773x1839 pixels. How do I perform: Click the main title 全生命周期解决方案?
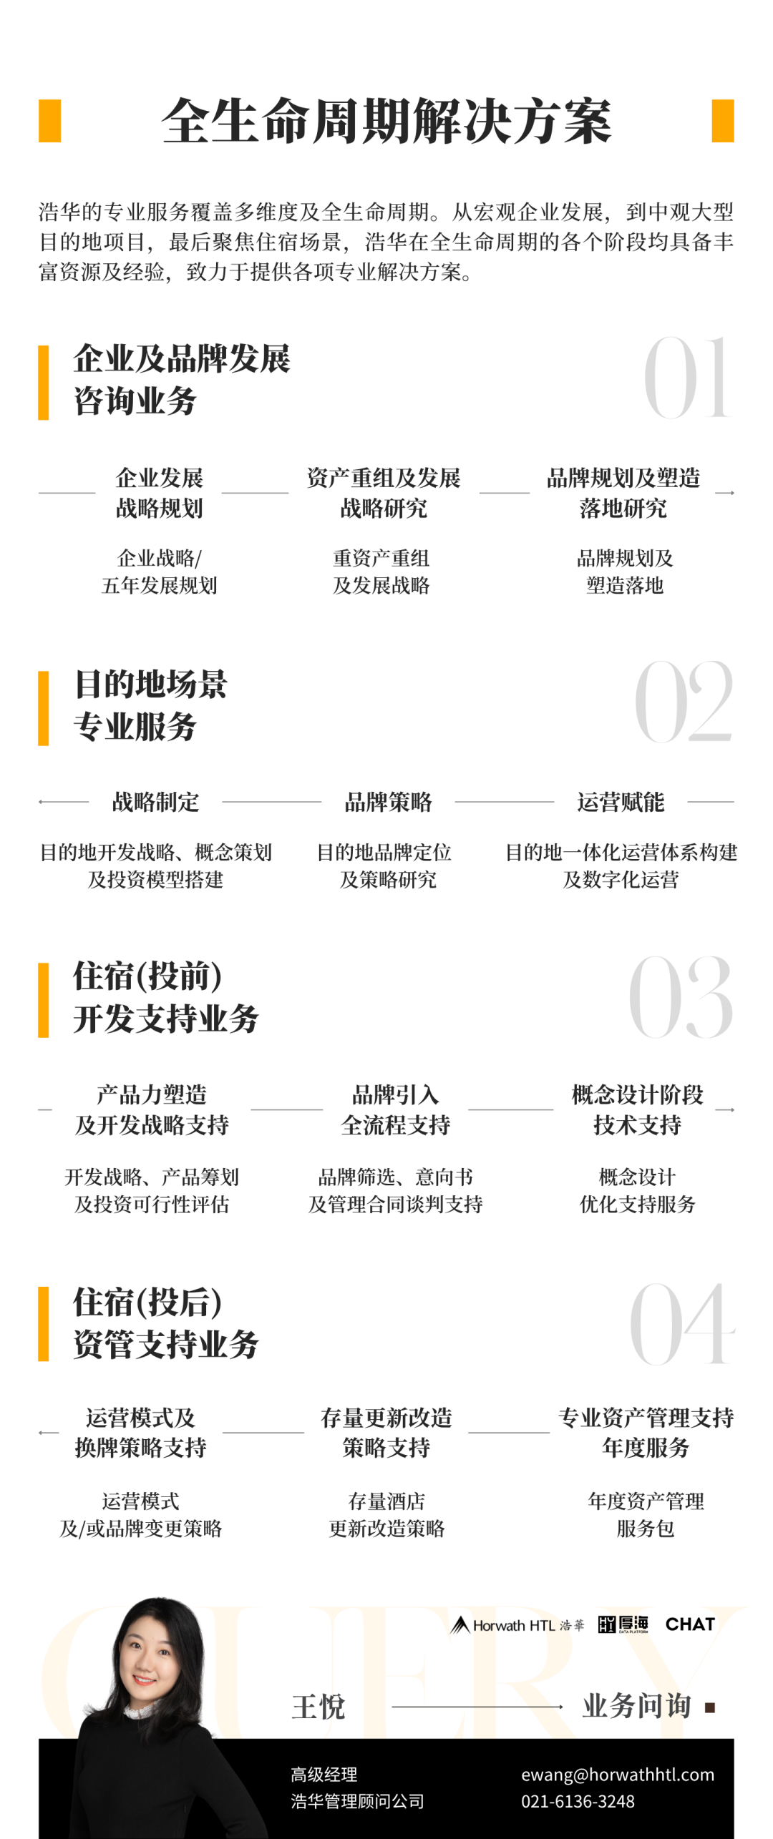pyautogui.click(x=386, y=121)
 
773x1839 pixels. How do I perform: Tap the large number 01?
pyautogui.click(x=687, y=378)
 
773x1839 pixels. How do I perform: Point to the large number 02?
pyautogui.click(x=684, y=701)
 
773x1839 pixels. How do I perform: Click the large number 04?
pyautogui.click(x=682, y=1323)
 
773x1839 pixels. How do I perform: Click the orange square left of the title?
pyautogui.click(x=49, y=121)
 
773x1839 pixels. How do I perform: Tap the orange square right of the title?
pyautogui.click(x=723, y=121)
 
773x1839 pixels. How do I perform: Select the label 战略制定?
pyautogui.click(x=155, y=802)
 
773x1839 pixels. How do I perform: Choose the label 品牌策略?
pyautogui.click(x=388, y=802)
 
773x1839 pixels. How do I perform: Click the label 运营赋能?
pyautogui.click(x=621, y=802)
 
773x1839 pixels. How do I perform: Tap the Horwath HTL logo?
pyautogui.click(x=517, y=1625)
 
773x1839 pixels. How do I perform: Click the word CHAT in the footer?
pyautogui.click(x=690, y=1624)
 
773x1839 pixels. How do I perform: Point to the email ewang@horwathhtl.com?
pyautogui.click(x=618, y=1775)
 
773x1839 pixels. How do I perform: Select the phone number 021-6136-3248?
pyautogui.click(x=578, y=1801)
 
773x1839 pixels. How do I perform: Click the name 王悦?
pyautogui.click(x=319, y=1707)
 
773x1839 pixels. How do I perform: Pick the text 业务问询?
pyautogui.click(x=636, y=1706)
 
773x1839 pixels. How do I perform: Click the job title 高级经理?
pyautogui.click(x=324, y=1775)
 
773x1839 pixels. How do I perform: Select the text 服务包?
pyautogui.click(x=646, y=1529)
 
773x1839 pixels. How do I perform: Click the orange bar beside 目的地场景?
pyautogui.click(x=44, y=708)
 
